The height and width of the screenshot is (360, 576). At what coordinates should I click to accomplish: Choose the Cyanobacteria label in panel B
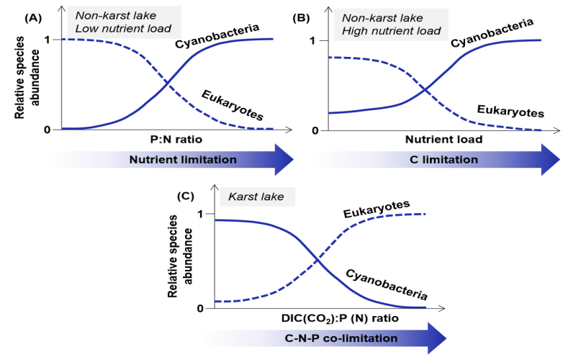[x=492, y=34]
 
